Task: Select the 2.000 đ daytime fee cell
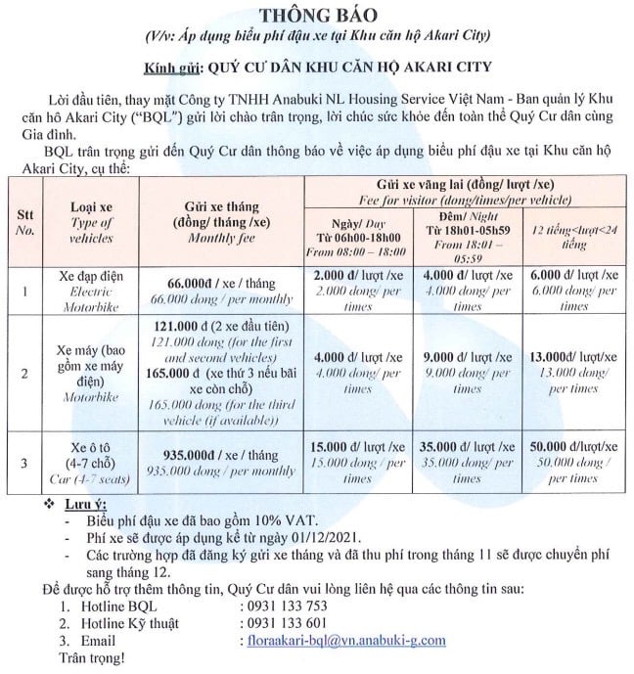[359, 275]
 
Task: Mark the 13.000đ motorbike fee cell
[572, 358]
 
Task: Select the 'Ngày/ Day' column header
[359, 223]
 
